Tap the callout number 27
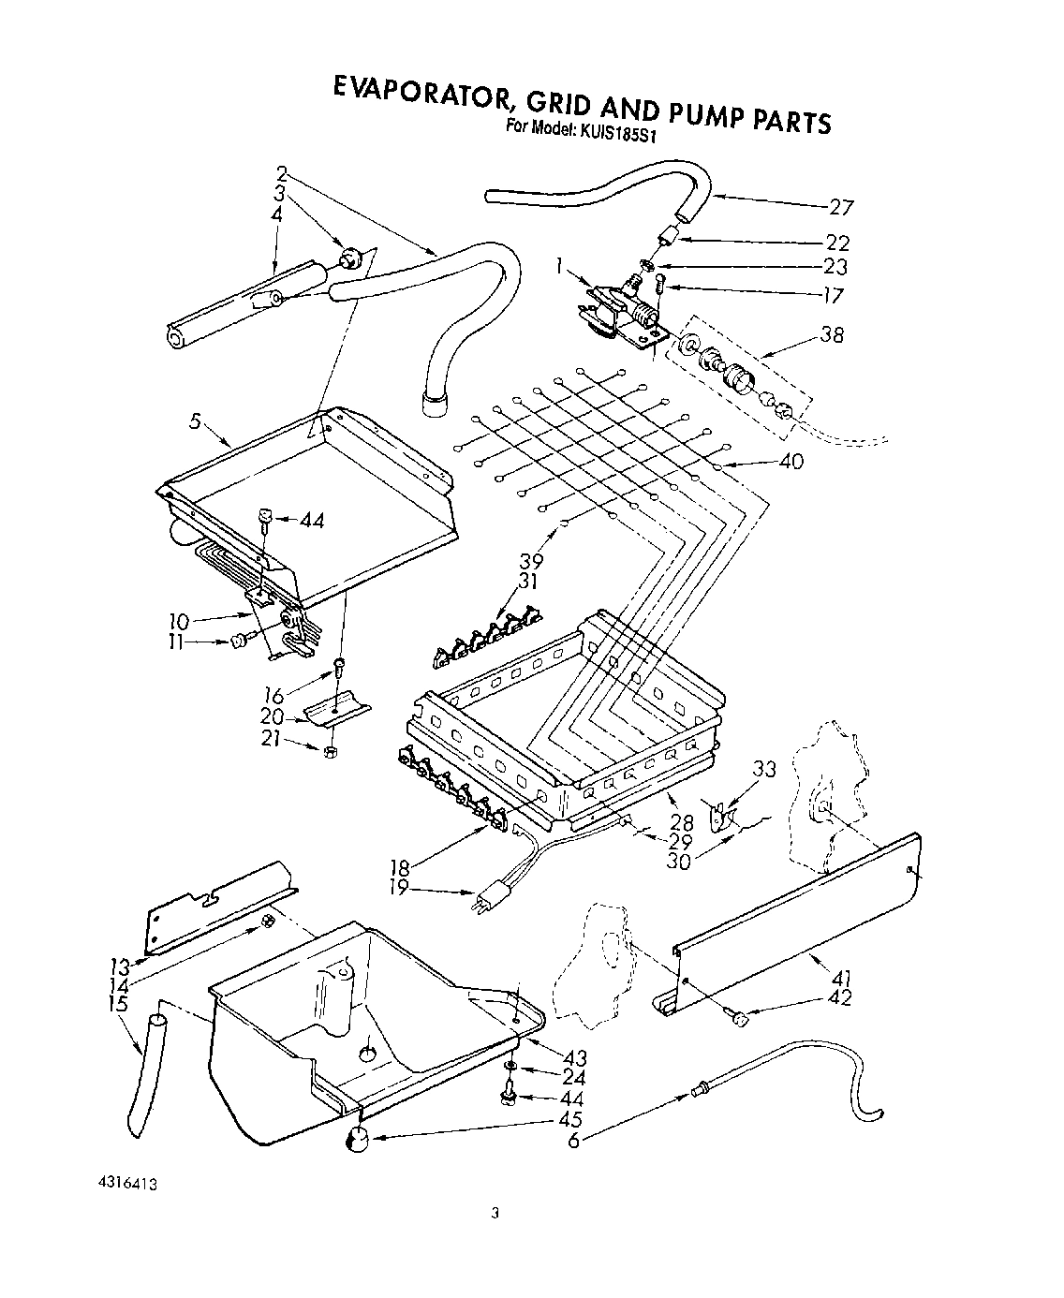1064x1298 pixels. (x=840, y=207)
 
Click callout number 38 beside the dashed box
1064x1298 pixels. (x=831, y=333)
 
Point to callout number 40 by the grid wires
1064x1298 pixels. (x=791, y=461)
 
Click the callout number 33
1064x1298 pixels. (x=765, y=769)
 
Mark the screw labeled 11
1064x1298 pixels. (x=237, y=642)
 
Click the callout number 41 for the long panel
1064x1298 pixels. (x=840, y=978)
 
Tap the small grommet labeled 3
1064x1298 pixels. (x=351, y=254)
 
